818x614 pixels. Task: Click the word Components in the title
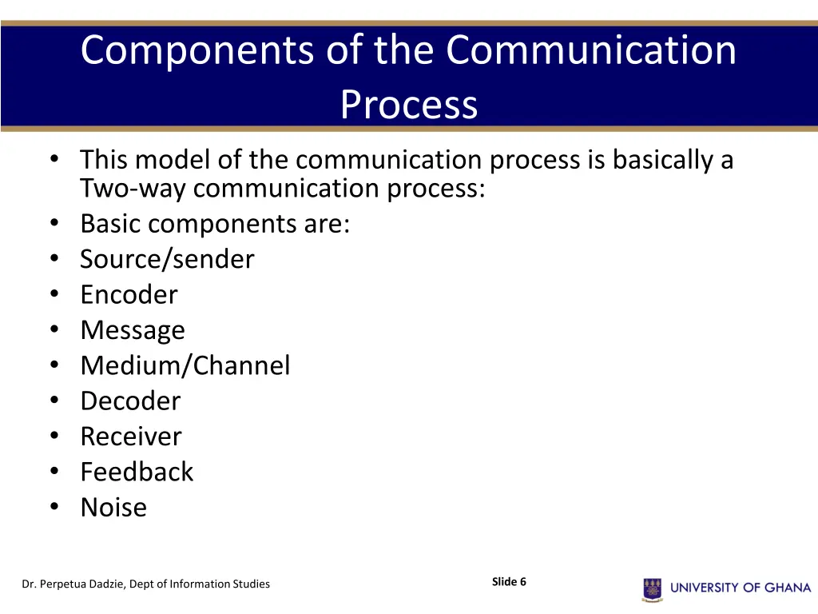[x=198, y=51]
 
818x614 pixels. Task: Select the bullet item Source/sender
[x=167, y=259]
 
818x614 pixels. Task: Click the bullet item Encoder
[x=129, y=294]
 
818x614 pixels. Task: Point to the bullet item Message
[x=133, y=330]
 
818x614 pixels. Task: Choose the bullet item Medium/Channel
[x=185, y=365]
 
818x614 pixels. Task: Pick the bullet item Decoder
[x=130, y=401]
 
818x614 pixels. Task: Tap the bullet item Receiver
[x=131, y=437]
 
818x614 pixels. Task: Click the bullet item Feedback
[x=137, y=472]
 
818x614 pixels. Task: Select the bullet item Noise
[x=113, y=507]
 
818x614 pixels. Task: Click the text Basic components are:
[x=215, y=224]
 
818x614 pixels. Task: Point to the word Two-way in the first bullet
[x=133, y=189]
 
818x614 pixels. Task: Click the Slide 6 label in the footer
[x=509, y=582]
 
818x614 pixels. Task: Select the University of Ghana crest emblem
[x=653, y=589]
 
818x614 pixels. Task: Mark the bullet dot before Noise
[x=54, y=507]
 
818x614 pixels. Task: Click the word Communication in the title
[x=591, y=51]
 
